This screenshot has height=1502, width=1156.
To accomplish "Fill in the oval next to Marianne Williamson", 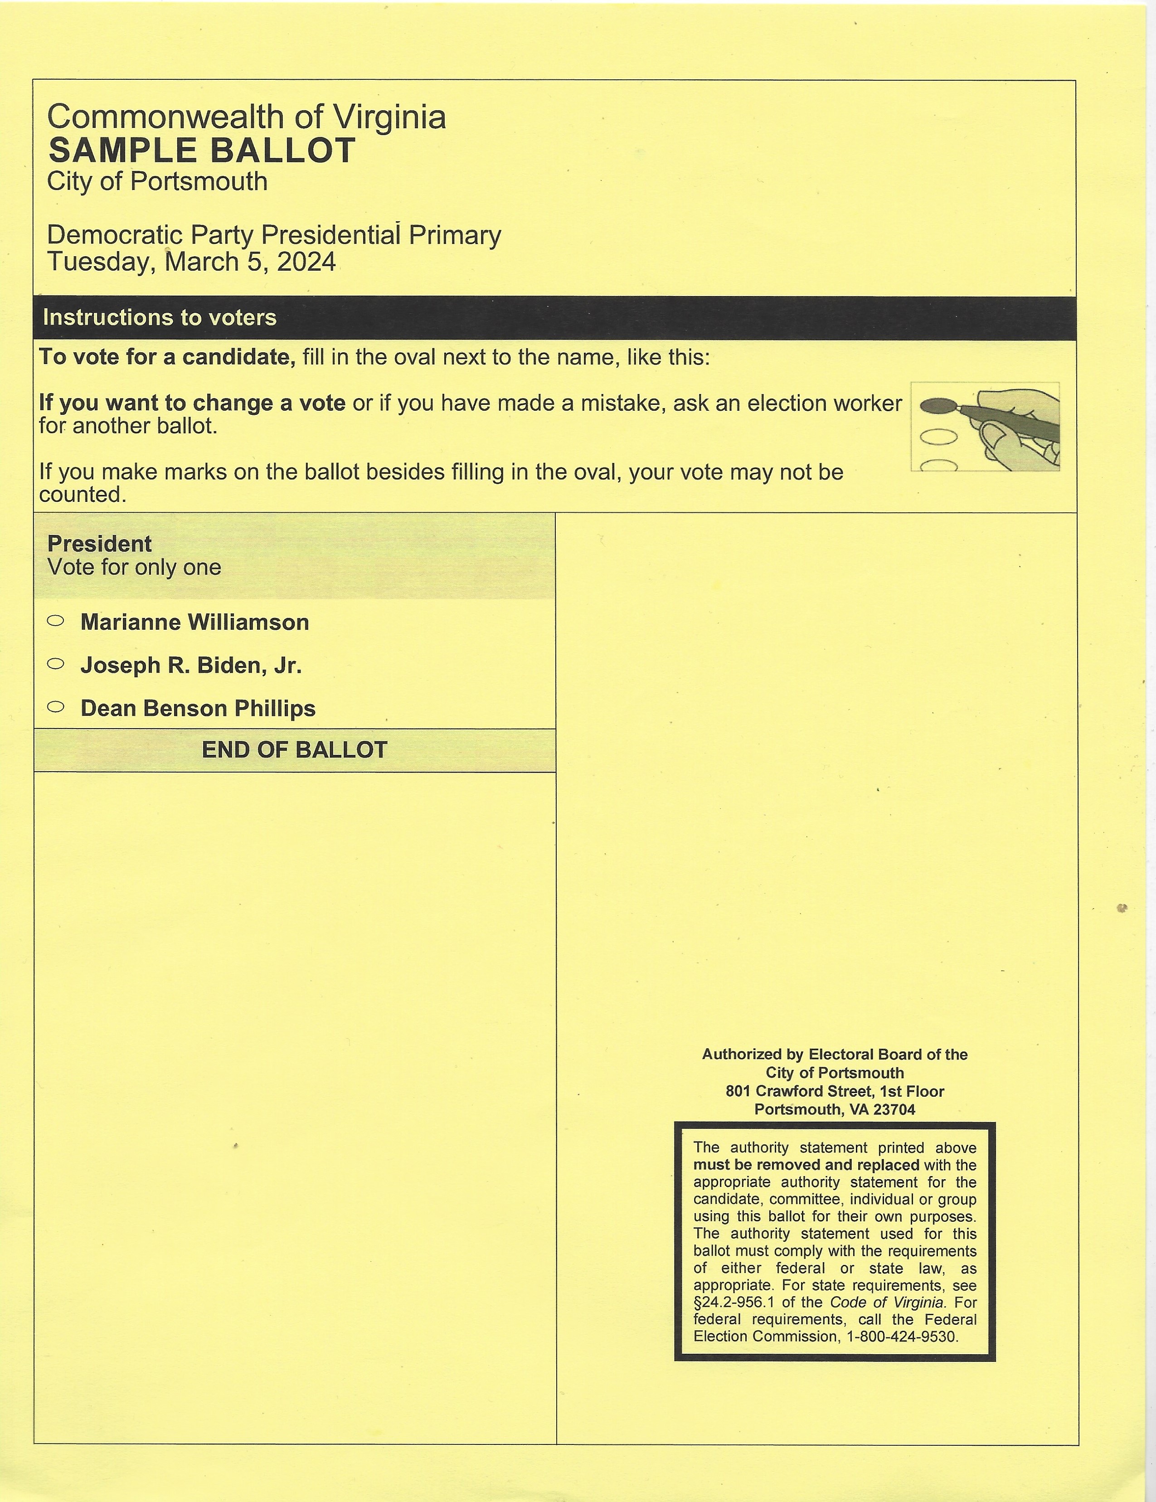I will click(56, 620).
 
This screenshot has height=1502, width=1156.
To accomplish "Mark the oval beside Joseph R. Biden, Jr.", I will click(56, 664).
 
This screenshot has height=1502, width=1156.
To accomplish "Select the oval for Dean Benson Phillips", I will click(56, 706).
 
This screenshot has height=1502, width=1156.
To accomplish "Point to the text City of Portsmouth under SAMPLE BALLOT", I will click(157, 181).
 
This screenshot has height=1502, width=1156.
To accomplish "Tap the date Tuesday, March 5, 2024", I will click(191, 262).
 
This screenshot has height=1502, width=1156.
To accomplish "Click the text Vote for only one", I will click(134, 567).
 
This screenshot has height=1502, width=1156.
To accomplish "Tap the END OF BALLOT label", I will click(294, 749).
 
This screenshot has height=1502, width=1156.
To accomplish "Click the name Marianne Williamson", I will click(194, 622).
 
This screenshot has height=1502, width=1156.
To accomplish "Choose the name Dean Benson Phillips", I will click(198, 708).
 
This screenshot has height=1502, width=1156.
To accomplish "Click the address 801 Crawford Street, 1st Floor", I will click(835, 1091).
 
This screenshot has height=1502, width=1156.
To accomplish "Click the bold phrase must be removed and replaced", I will click(806, 1165).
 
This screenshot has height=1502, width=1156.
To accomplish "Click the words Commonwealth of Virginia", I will click(246, 117).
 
